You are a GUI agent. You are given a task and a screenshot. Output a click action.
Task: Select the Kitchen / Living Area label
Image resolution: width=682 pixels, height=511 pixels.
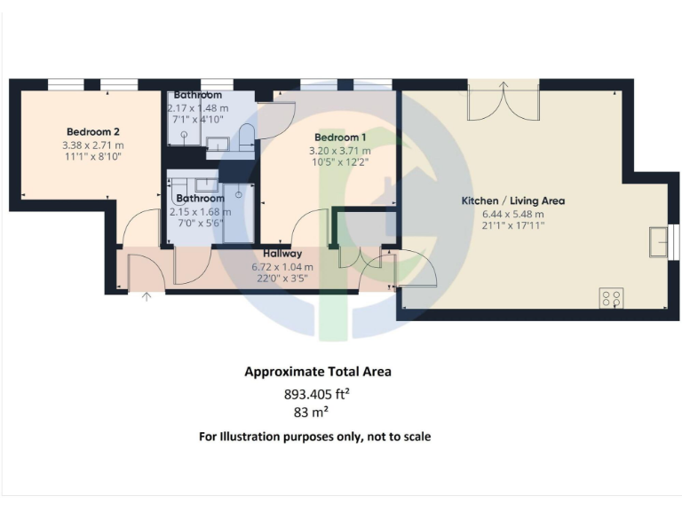(512, 200)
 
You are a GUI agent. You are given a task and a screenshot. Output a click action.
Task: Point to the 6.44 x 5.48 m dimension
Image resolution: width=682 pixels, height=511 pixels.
(512, 214)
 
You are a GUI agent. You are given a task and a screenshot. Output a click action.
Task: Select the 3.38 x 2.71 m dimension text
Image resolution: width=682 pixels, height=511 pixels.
(92, 145)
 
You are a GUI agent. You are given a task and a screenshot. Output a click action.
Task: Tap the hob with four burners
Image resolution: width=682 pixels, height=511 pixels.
(611, 298)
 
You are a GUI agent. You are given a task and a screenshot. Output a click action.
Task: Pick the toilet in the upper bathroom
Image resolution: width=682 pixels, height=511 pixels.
(246, 136)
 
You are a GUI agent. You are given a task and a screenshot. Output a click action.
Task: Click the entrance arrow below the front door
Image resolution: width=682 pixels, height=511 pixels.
(147, 296)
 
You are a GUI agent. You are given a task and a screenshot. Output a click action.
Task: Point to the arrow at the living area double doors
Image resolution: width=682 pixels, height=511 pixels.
(504, 87)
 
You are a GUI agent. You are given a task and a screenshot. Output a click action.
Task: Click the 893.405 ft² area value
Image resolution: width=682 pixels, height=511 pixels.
(317, 396)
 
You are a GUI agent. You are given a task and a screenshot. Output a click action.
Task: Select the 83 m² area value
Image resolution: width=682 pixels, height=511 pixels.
(317, 413)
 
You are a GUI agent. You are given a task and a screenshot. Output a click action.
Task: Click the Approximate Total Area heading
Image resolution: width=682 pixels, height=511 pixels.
(317, 372)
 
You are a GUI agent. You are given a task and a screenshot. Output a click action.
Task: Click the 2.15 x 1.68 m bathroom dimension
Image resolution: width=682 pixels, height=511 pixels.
(200, 211)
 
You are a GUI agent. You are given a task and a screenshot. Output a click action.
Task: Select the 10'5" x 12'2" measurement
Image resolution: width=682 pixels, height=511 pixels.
(341, 161)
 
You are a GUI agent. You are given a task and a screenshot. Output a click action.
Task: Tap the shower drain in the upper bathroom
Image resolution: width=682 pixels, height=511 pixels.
(184, 136)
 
